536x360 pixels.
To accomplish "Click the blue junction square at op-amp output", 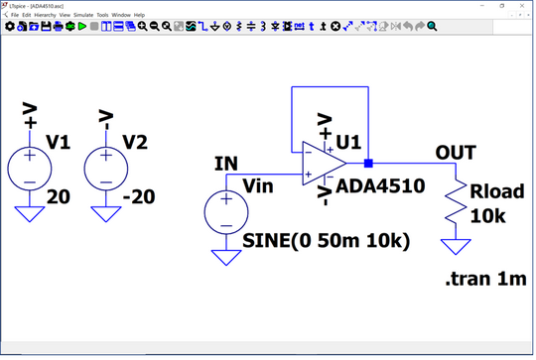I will click(x=367, y=164).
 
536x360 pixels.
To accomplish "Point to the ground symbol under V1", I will click(x=30, y=212).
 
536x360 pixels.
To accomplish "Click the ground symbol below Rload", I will click(x=456, y=246).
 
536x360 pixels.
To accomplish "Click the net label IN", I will click(x=225, y=163).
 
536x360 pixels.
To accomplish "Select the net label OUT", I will click(x=455, y=152).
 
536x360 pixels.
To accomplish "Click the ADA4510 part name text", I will click(x=380, y=185).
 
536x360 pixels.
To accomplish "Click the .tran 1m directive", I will click(x=483, y=280).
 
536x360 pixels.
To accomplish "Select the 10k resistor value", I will click(x=488, y=215).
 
